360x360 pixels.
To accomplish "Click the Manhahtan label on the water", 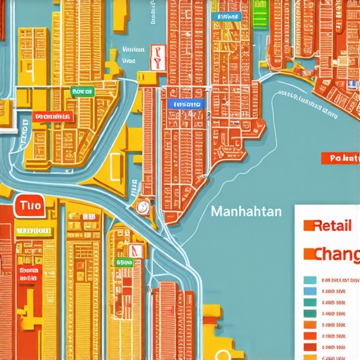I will tap(245, 210).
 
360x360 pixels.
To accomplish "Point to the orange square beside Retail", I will tap(307, 226).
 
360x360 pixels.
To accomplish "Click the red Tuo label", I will tap(32, 206).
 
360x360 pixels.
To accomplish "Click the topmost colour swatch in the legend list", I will tap(309, 279).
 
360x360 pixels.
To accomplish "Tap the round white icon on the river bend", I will tap(143, 207).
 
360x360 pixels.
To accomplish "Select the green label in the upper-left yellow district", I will tap(82, 91).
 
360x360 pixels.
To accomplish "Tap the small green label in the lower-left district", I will tap(123, 262).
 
